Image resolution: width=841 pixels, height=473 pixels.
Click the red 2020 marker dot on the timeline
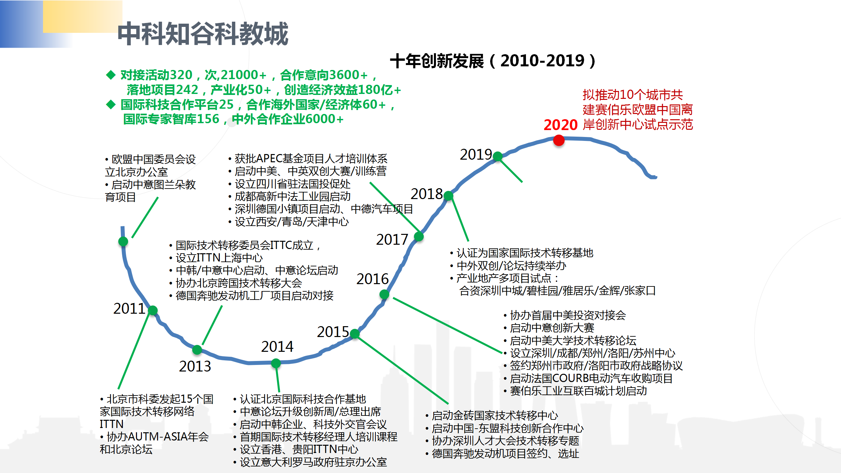point(558,140)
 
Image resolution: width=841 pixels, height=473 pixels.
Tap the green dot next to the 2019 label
point(498,156)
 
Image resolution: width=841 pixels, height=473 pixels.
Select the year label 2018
point(427,194)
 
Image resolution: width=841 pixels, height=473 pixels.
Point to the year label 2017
point(392,239)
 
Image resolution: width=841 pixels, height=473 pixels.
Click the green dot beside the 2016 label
point(384,294)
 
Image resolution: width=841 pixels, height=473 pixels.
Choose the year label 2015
point(333,332)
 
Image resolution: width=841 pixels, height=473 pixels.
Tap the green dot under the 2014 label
point(276,363)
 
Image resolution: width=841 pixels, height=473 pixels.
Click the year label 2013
point(195,366)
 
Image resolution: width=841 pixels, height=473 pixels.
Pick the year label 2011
point(129,308)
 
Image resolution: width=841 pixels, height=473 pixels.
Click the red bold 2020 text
point(560,125)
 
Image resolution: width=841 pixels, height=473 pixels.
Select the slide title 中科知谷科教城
point(203,34)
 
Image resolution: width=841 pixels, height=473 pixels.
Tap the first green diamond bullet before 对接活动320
point(111,75)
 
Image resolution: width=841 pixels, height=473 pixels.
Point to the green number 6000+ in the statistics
point(324,119)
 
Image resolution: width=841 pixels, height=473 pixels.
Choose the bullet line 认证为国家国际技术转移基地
point(522,253)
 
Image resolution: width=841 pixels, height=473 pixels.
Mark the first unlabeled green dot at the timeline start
point(123,241)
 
